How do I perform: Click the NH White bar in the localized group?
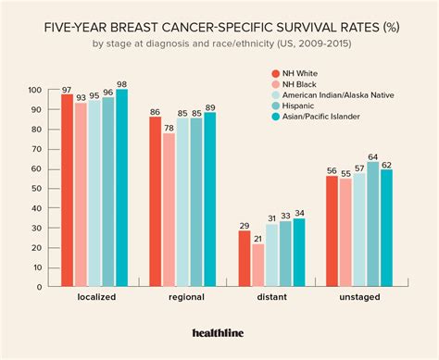point(68,190)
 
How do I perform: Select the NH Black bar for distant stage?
point(257,265)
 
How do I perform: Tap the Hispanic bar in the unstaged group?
point(372,222)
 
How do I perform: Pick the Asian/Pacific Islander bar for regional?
point(209,197)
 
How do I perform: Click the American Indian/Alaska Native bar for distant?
point(271,254)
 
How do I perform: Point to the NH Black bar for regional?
point(169,208)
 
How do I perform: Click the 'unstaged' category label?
point(359,300)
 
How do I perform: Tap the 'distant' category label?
point(271,300)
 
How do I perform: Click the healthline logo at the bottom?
point(219,333)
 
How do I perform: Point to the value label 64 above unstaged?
point(372,157)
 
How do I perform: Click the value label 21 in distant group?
point(257,237)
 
